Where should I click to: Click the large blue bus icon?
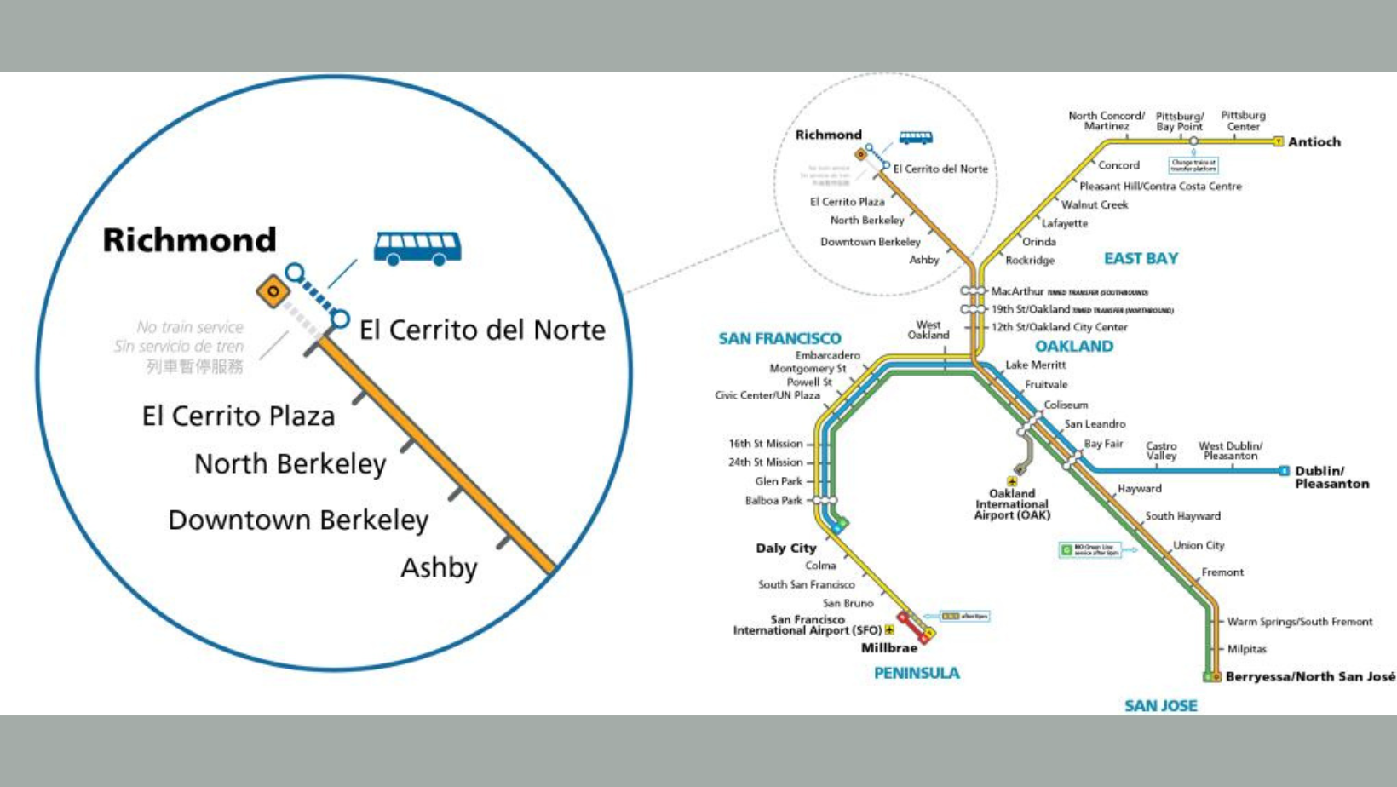[x=417, y=248]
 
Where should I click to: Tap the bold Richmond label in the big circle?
[x=189, y=240]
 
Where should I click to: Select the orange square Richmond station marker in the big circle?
[x=273, y=292]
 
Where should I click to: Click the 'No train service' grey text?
[x=189, y=327]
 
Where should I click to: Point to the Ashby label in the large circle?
[x=439, y=568]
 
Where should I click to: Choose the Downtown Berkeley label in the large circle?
[x=297, y=520]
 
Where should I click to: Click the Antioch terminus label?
[x=1314, y=142]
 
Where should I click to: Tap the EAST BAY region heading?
[x=1141, y=259]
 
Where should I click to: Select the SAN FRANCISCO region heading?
[x=779, y=339]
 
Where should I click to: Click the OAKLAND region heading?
[x=1073, y=347]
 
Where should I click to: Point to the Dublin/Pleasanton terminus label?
[x=1331, y=477]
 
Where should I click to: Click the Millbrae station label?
[x=888, y=648]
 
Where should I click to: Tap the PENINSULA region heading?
[x=917, y=673]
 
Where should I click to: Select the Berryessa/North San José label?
[x=1310, y=677]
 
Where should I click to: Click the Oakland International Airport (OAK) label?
[x=1012, y=504]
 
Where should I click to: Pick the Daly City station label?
[x=785, y=549]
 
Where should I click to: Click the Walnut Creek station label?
[x=1094, y=205]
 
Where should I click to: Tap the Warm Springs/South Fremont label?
[x=1299, y=623]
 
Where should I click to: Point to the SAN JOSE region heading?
[x=1160, y=706]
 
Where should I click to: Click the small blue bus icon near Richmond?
[x=916, y=137]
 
